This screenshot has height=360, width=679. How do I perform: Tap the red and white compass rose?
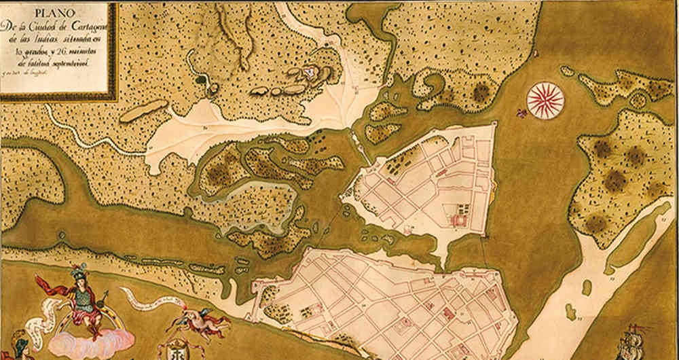(x=545, y=100)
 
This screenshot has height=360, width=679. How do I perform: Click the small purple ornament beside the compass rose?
(x=521, y=112)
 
